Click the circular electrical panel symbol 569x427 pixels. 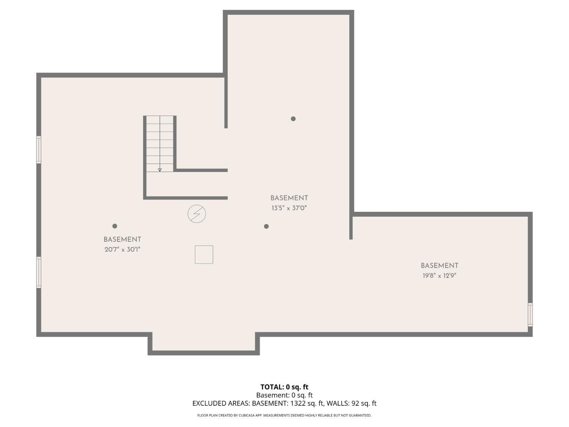click(196, 214)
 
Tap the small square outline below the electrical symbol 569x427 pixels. click(204, 254)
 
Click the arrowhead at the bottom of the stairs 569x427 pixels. click(160, 170)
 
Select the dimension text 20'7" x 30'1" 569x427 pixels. click(123, 249)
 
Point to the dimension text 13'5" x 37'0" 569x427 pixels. click(289, 208)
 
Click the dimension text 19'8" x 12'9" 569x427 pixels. click(439, 276)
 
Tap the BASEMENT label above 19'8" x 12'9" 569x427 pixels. click(439, 266)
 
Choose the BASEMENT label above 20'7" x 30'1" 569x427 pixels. click(122, 239)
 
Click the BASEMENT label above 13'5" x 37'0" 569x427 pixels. click(289, 198)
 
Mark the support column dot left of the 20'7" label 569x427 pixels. click(115, 226)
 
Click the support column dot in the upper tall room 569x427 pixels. click(293, 119)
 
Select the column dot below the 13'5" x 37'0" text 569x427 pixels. click(266, 226)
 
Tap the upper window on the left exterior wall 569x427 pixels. click(39, 150)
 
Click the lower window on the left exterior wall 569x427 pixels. click(39, 272)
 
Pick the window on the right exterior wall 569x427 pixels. click(530, 314)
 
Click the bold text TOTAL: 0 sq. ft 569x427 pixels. click(284, 387)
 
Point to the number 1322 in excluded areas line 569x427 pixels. click(298, 403)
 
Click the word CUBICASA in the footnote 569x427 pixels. click(247, 416)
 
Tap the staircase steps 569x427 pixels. click(160, 142)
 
